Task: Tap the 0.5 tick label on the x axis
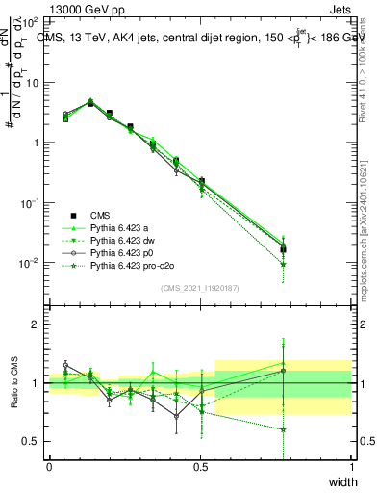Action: click(x=200, y=467)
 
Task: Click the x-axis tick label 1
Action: click(x=352, y=467)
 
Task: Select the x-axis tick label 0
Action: click(x=49, y=467)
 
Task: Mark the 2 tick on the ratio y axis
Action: click(x=37, y=324)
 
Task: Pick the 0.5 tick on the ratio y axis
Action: click(x=33, y=441)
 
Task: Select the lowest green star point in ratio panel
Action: click(x=284, y=429)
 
